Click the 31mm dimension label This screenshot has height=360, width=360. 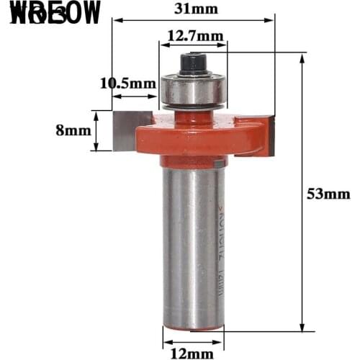coord(191,10)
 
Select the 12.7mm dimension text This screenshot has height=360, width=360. coord(191,34)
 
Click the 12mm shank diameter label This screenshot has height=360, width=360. coord(191,353)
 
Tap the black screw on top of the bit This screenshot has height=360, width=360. coord(192,63)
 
